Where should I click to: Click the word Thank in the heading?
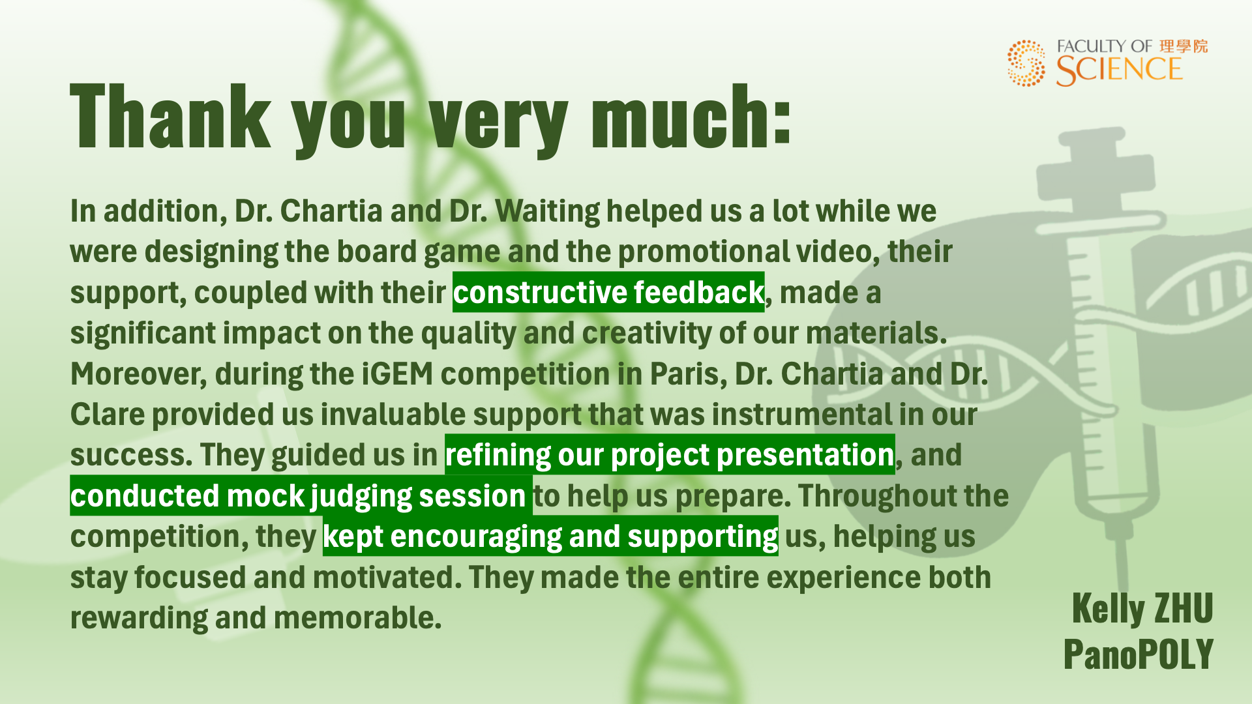170,117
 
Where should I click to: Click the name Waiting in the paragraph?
548,212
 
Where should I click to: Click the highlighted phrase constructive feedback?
608,293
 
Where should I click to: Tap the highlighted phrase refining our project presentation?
670,455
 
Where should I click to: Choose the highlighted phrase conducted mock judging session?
301,496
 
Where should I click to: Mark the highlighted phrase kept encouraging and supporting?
550,536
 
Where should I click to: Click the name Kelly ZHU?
1142,608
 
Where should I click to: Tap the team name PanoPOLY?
1139,654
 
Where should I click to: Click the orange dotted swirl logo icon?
1026,63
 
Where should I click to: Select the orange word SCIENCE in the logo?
1119,70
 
